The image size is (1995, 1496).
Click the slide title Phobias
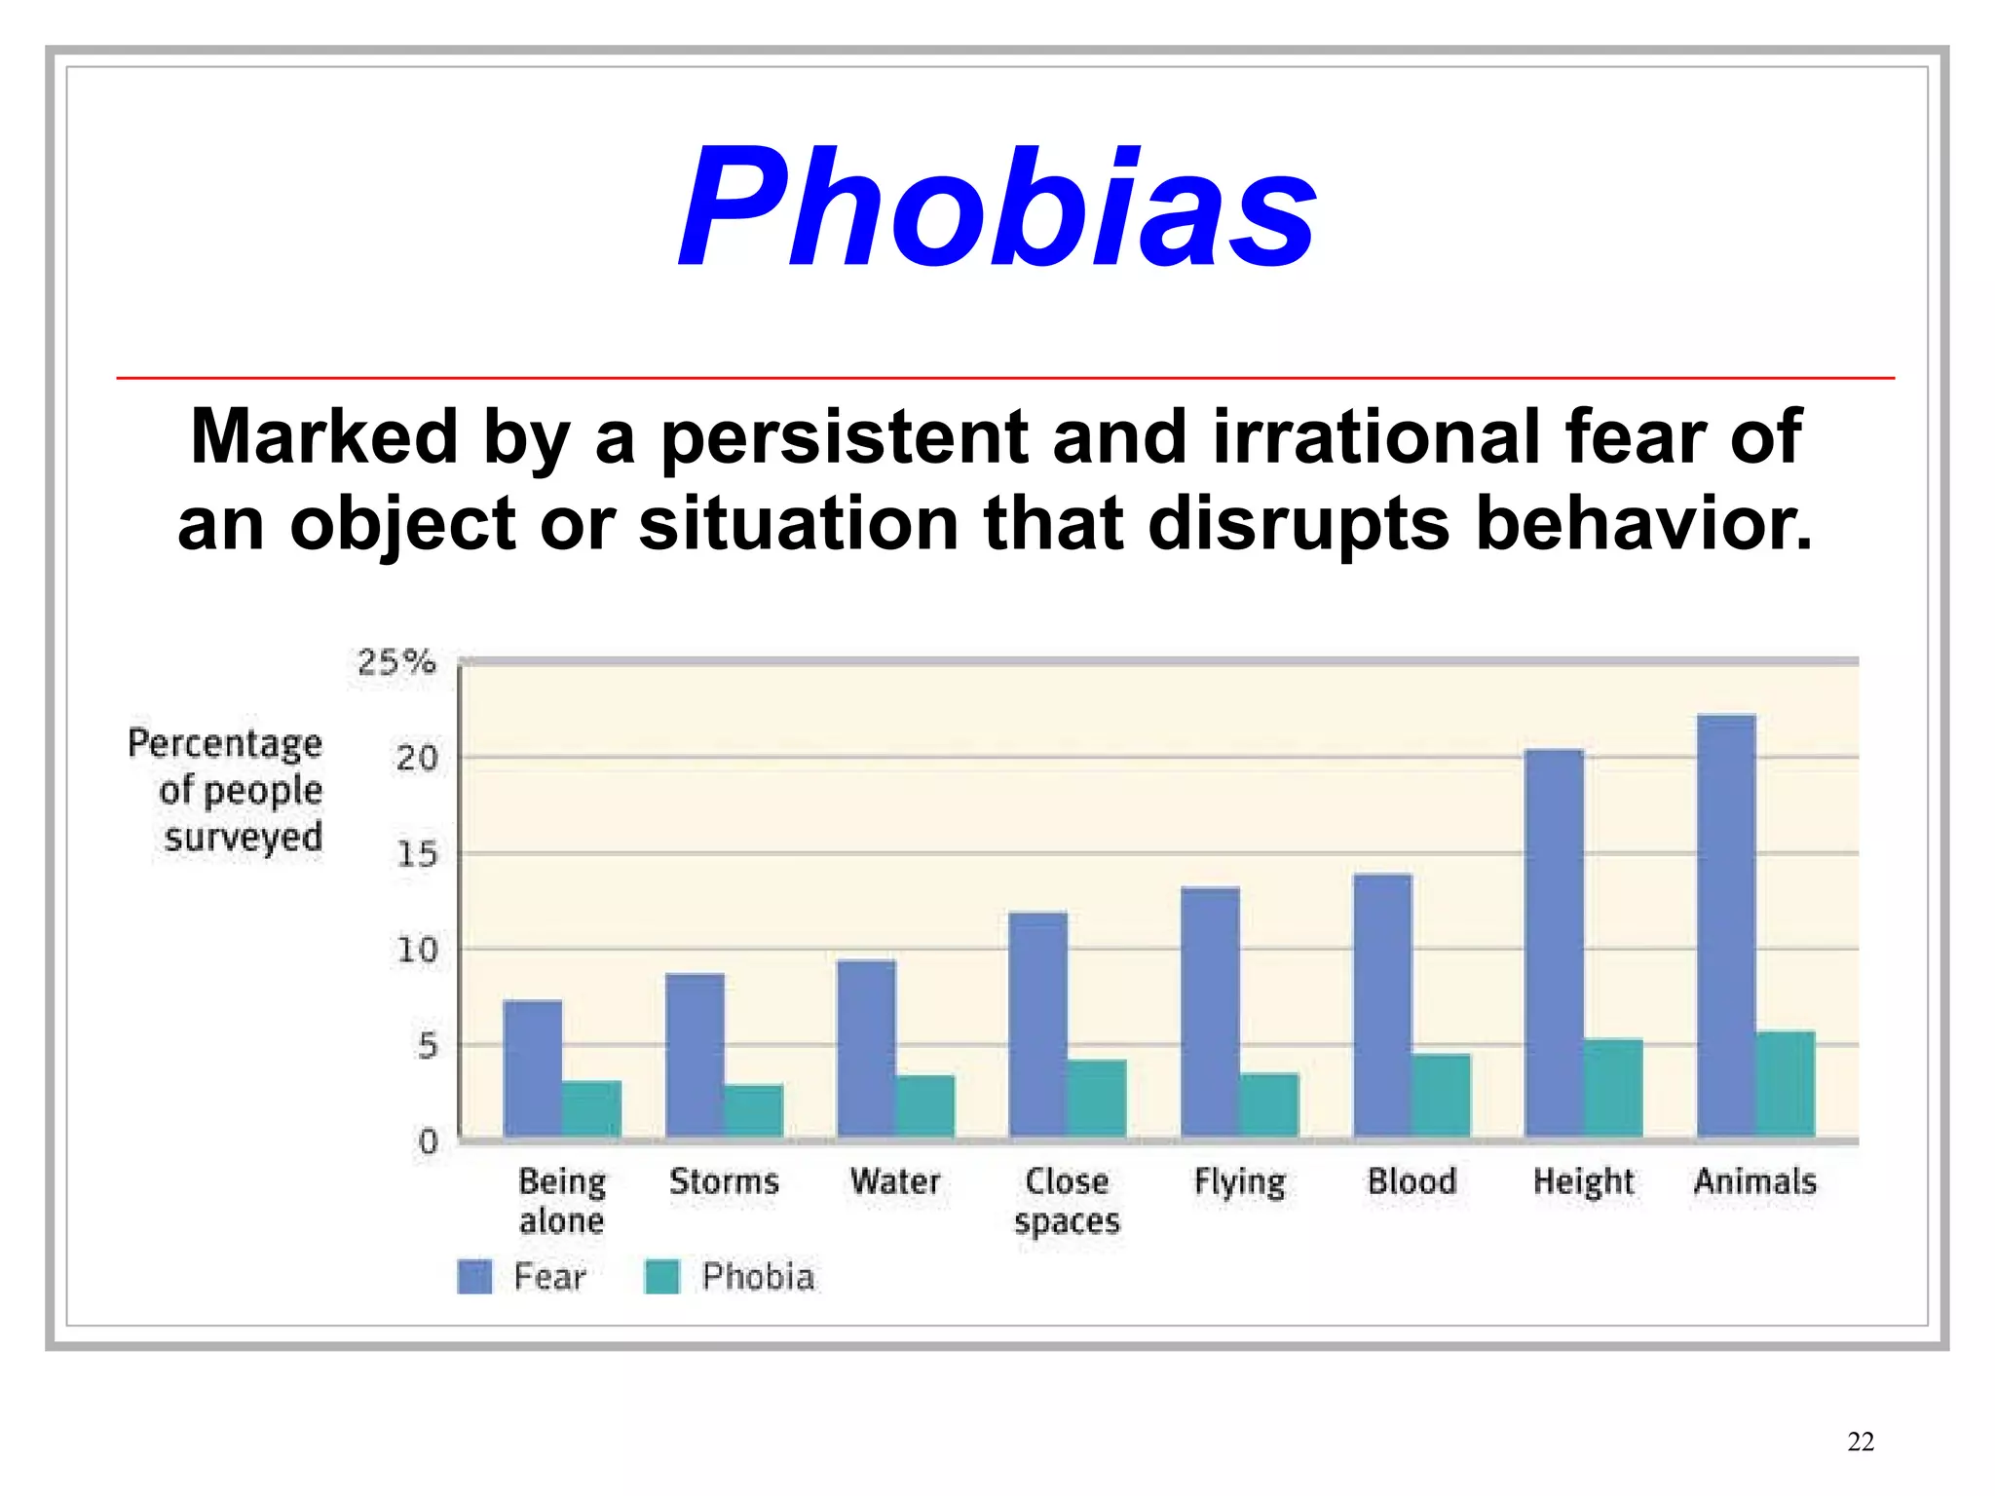point(997,206)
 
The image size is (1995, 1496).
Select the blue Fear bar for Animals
point(1726,925)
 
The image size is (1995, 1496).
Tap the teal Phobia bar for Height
point(1613,1088)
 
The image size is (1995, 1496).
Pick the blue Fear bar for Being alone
point(533,1068)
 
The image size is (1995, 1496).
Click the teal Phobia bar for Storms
point(753,1110)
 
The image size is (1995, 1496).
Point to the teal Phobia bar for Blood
point(1441,1095)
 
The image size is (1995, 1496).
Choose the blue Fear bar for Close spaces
point(1038,1024)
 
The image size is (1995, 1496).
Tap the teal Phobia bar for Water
point(924,1105)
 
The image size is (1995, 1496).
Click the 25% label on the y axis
point(395,662)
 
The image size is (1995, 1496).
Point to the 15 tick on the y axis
point(417,854)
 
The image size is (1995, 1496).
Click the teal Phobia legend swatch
point(662,1276)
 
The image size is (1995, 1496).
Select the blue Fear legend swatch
point(474,1276)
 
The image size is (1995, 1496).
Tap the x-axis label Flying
point(1239,1182)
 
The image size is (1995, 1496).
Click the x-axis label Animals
point(1754,1181)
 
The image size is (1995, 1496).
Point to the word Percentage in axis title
point(225,743)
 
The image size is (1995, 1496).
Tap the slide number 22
point(1860,1441)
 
